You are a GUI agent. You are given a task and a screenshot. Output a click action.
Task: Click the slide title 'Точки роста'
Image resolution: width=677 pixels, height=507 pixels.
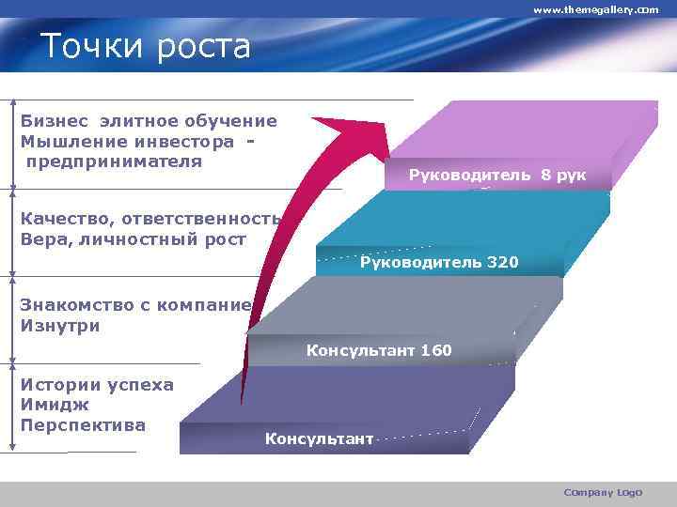pyautogui.click(x=146, y=45)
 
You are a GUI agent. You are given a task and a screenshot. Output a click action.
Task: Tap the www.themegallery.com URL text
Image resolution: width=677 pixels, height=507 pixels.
pyautogui.click(x=596, y=9)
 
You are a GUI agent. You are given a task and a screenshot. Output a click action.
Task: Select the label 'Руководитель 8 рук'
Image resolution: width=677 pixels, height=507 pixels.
pyautogui.click(x=497, y=175)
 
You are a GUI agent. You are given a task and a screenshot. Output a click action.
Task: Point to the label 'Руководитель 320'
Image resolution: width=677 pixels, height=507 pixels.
pyautogui.click(x=438, y=262)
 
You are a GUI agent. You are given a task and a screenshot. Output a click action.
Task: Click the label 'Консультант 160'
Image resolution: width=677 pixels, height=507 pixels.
pyautogui.click(x=379, y=350)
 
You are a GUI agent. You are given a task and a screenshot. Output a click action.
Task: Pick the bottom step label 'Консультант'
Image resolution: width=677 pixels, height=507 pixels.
pyautogui.click(x=319, y=438)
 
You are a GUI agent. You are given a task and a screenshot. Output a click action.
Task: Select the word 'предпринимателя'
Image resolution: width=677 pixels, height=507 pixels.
pyautogui.click(x=114, y=161)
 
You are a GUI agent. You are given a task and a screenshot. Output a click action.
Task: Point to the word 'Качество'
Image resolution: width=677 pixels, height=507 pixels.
pyautogui.click(x=64, y=219)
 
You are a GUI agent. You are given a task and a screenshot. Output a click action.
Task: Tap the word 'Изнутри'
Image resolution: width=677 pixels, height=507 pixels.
pyautogui.click(x=59, y=326)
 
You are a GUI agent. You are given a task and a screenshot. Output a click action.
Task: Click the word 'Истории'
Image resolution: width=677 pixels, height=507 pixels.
pyautogui.click(x=58, y=384)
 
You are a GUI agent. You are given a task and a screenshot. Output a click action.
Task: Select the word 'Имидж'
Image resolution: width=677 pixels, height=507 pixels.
pyautogui.click(x=55, y=405)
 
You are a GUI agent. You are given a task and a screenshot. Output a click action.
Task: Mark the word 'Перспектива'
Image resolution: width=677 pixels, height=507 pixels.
pyautogui.click(x=83, y=424)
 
